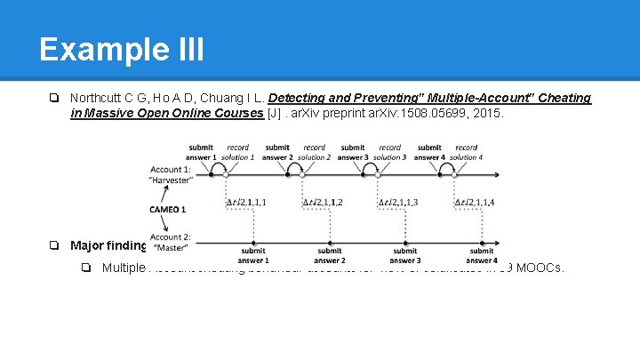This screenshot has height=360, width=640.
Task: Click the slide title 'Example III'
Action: (x=122, y=49)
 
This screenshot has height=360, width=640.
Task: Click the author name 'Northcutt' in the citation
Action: (x=96, y=98)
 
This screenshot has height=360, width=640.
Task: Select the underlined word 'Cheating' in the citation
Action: (x=566, y=98)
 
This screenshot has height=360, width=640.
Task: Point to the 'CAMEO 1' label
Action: (x=168, y=210)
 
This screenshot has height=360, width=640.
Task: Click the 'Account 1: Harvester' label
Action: (x=171, y=174)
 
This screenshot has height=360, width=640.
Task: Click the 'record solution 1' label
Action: (x=238, y=152)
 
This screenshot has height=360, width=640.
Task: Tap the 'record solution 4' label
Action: (x=467, y=152)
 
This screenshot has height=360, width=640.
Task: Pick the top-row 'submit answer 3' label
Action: (x=353, y=152)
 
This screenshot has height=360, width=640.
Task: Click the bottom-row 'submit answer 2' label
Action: (x=330, y=256)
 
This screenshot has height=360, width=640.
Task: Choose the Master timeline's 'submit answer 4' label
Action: (x=482, y=256)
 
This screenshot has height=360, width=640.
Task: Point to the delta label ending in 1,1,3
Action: (x=398, y=203)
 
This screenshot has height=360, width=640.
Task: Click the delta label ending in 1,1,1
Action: (x=246, y=203)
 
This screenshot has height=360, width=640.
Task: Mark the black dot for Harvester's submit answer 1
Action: (x=210, y=174)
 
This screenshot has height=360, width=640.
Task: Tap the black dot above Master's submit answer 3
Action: (x=406, y=240)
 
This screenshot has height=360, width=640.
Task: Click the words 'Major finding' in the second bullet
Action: (x=108, y=245)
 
